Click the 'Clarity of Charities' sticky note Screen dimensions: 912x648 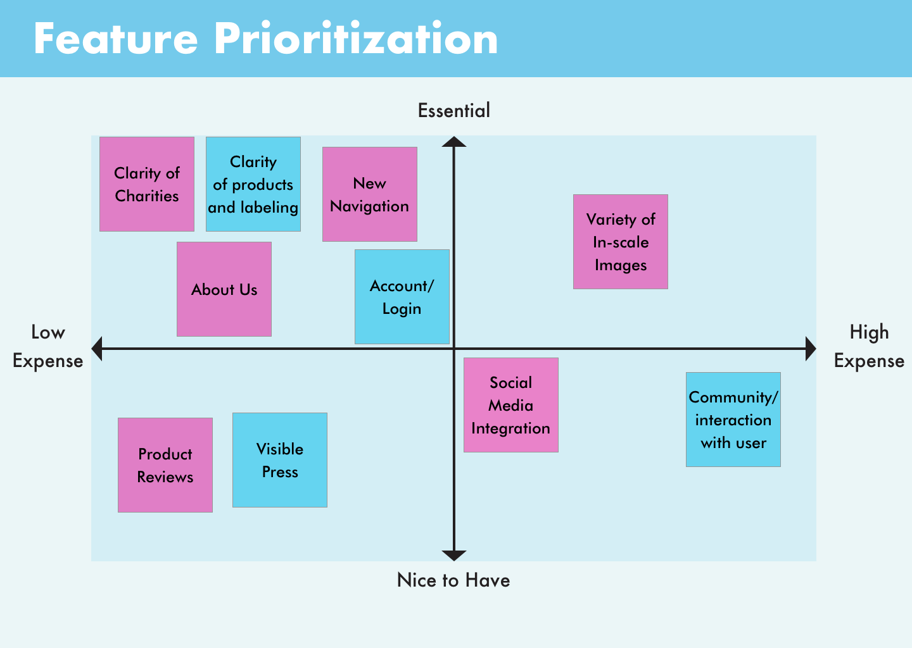click(147, 184)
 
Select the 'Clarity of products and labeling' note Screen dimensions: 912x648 click(253, 184)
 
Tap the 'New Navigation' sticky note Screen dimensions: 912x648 click(370, 194)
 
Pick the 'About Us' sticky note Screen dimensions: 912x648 click(224, 289)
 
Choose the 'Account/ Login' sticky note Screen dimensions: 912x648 click(402, 297)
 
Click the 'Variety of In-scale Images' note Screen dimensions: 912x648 click(621, 242)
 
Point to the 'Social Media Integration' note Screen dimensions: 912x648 click(511, 405)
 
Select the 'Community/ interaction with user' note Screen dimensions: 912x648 click(733, 420)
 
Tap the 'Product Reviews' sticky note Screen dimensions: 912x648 click(165, 465)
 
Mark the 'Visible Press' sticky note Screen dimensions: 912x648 click(280, 461)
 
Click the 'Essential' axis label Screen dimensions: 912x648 click(454, 111)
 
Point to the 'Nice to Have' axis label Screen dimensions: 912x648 click(453, 580)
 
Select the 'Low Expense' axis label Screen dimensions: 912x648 click(48, 347)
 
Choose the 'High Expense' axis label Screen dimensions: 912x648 click(869, 347)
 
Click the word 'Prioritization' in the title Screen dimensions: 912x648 click(356, 39)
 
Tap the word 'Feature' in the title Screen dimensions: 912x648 click(116, 39)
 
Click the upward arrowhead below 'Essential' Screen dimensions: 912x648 click(454, 142)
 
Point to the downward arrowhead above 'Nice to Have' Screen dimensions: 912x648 click(454, 556)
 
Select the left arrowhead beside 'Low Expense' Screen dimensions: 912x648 click(97, 349)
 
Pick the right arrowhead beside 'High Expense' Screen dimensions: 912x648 click(811, 349)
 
